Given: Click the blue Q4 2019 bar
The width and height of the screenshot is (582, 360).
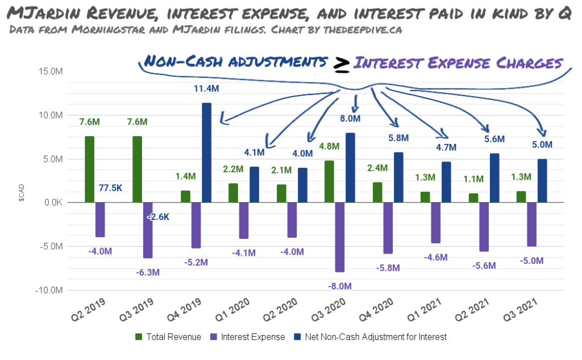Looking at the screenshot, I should (206, 152).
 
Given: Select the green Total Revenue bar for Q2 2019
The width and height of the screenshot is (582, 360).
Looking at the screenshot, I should (89, 169).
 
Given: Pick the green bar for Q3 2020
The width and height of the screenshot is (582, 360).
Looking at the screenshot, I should (329, 181).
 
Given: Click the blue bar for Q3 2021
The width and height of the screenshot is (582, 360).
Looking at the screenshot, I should (542, 180).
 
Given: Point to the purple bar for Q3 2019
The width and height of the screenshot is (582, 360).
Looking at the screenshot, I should (148, 230).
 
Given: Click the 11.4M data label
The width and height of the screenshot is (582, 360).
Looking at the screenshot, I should (206, 89).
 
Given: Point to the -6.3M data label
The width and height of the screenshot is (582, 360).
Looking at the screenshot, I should (147, 272).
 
